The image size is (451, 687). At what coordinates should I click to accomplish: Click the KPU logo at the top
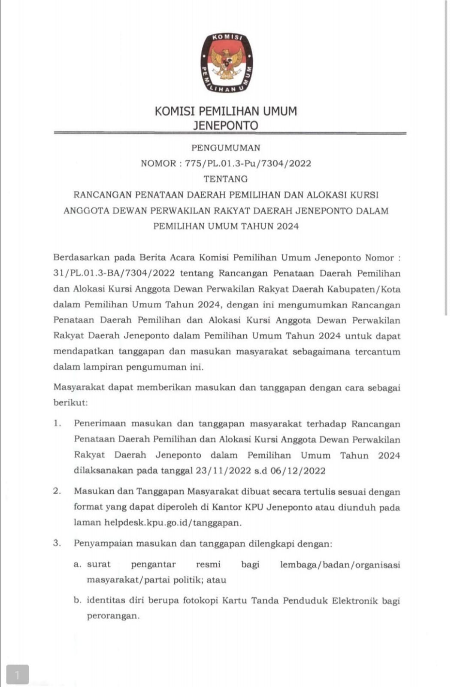pyautogui.click(x=226, y=63)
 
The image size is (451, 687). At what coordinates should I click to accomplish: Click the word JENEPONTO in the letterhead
pyautogui.click(x=226, y=125)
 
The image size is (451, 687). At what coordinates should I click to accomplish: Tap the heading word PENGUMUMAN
pyautogui.click(x=226, y=148)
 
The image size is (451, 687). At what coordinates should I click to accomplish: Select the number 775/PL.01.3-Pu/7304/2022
pyautogui.click(x=248, y=164)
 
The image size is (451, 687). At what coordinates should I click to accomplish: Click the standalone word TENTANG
pyautogui.click(x=226, y=179)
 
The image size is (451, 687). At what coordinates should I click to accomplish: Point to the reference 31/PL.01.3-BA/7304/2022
pyautogui.click(x=114, y=274)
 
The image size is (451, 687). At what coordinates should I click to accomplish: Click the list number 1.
pyautogui.click(x=57, y=423)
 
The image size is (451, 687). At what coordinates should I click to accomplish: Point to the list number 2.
pyautogui.click(x=57, y=491)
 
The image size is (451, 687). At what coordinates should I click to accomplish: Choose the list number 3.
pyautogui.click(x=57, y=543)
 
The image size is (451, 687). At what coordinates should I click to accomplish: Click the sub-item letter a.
pyautogui.click(x=77, y=564)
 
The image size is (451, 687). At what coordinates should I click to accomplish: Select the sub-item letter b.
pyautogui.click(x=77, y=600)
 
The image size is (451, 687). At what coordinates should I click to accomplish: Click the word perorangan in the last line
pyautogui.click(x=113, y=616)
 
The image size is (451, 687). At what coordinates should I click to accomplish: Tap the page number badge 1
pyautogui.click(x=18, y=674)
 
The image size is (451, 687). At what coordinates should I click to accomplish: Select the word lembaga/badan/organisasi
pyautogui.click(x=340, y=564)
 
